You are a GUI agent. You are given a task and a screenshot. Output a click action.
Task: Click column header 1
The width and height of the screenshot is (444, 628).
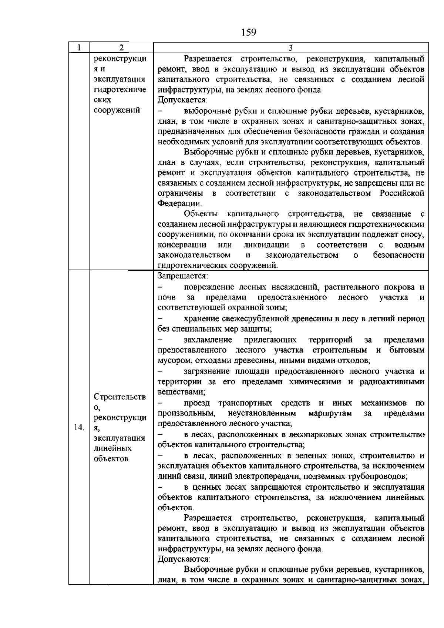click(x=79, y=48)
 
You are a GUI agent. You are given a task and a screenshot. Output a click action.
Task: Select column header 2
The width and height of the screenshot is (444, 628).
click(x=121, y=48)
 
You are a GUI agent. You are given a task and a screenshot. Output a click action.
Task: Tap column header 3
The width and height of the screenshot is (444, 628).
click(x=290, y=48)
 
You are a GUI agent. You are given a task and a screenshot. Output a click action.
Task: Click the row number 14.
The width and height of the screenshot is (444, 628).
click(x=79, y=427)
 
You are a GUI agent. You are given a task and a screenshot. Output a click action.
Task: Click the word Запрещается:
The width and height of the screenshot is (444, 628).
click(x=183, y=276)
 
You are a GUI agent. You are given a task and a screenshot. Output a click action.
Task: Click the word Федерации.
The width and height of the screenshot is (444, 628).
click(x=180, y=204)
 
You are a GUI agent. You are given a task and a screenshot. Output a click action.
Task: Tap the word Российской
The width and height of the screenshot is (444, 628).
click(x=402, y=193)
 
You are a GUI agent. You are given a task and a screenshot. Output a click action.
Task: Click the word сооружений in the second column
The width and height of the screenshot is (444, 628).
click(x=117, y=110)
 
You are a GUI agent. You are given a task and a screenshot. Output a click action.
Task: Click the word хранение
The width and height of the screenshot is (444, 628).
click(x=200, y=319)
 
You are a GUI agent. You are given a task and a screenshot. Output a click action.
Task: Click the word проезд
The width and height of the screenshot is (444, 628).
click(x=197, y=403)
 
